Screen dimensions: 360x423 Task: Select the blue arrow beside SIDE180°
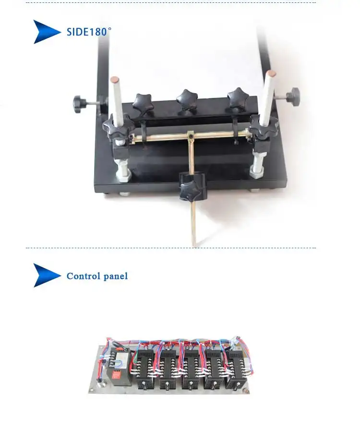coord(47,32)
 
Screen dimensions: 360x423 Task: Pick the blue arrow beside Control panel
coord(47,275)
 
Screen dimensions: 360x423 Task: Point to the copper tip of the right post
coord(271,73)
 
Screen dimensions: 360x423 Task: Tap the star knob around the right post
coord(264,127)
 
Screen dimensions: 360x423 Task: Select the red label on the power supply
coord(117,376)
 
